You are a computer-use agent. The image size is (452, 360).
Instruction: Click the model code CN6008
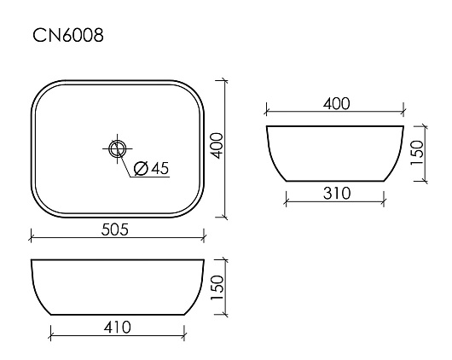[68, 36]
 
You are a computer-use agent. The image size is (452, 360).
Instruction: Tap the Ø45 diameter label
[152, 168]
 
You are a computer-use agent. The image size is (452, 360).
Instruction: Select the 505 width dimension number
[115, 229]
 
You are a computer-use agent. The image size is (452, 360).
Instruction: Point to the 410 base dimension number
[118, 328]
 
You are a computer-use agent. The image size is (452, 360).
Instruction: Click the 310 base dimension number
[337, 194]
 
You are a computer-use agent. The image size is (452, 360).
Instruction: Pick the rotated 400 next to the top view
[217, 146]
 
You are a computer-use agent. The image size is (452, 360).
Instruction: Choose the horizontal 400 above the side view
[336, 103]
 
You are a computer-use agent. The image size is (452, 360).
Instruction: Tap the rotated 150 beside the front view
[217, 287]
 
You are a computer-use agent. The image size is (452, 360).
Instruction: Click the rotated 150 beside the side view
[417, 153]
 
